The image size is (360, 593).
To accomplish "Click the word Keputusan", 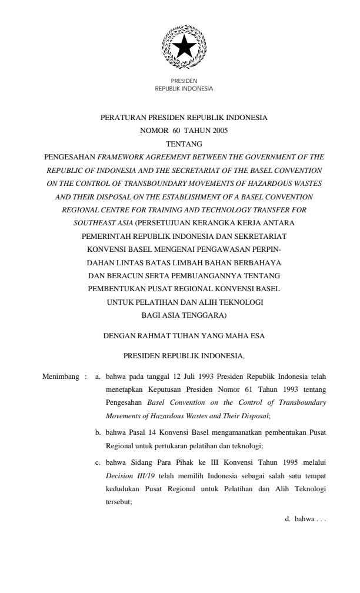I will [x=153, y=389].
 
